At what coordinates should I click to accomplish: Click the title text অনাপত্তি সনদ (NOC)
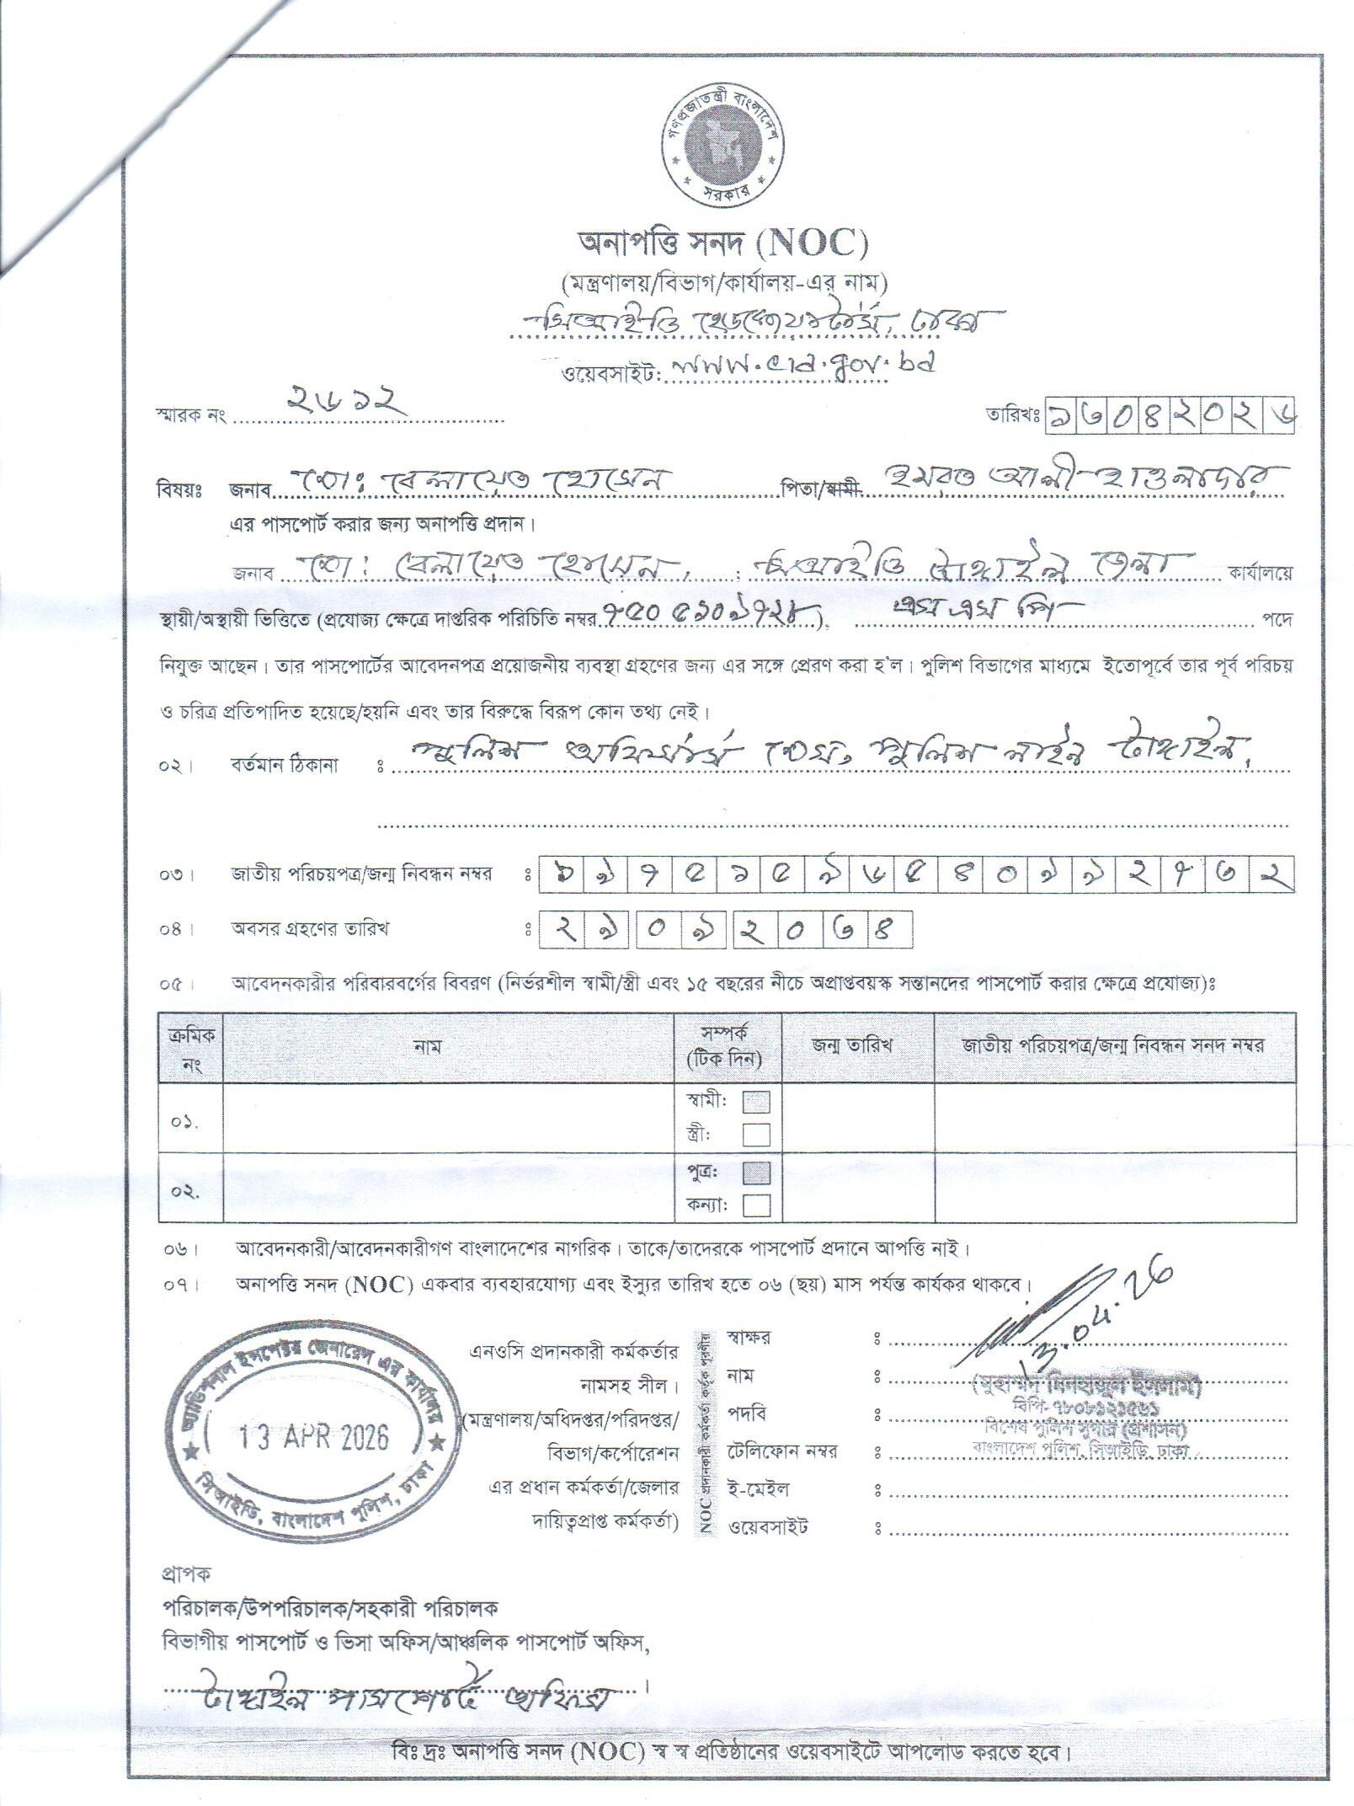pos(722,243)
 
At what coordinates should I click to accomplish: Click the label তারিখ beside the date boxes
pos(1013,414)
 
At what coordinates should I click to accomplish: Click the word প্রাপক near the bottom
pos(185,1572)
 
